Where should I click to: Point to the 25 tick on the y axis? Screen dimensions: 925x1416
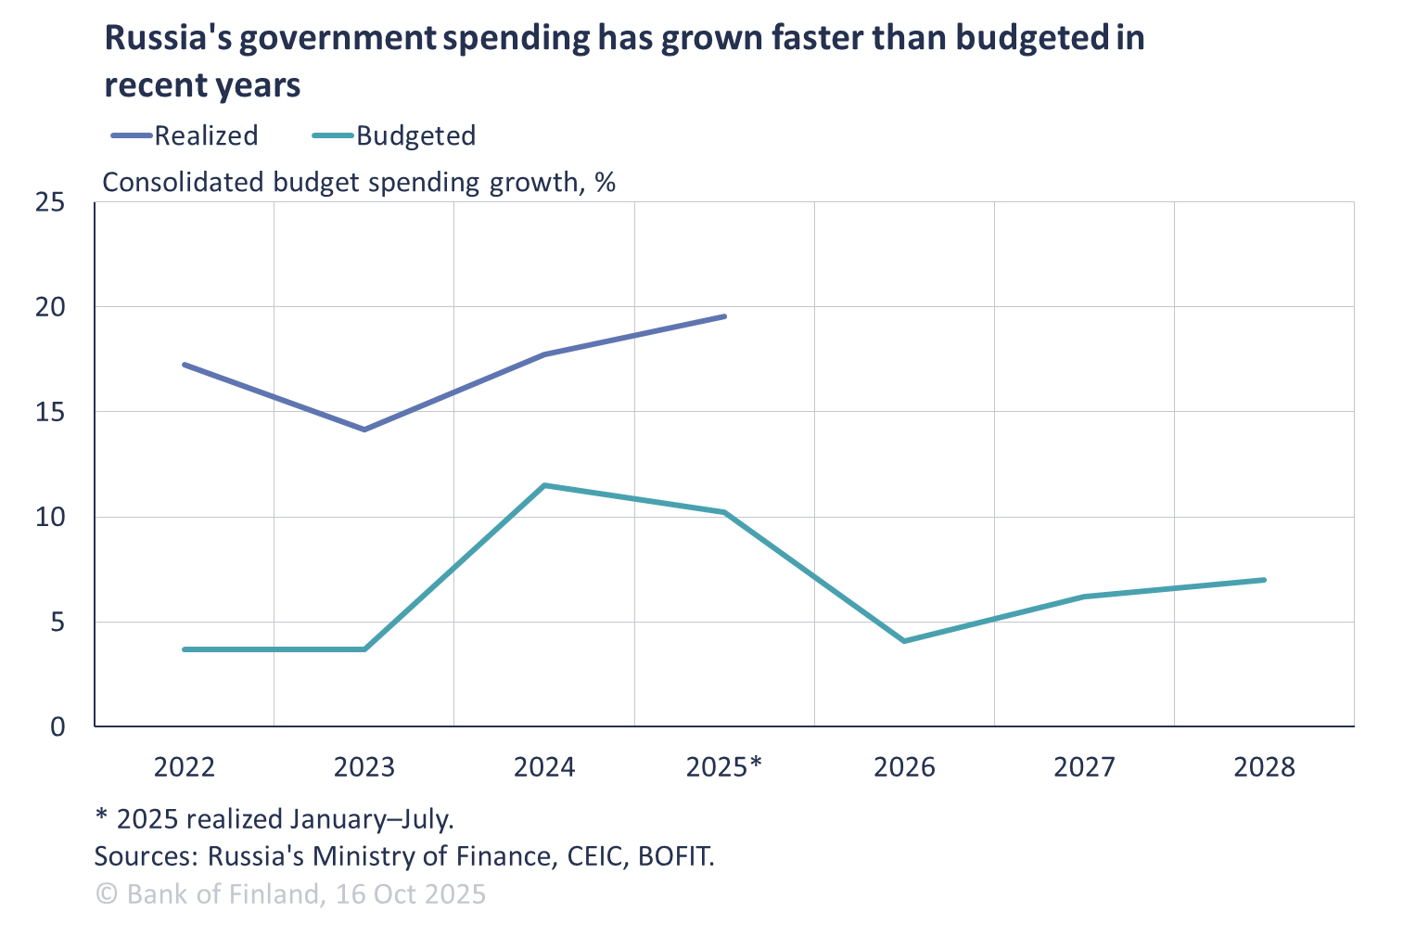pos(50,201)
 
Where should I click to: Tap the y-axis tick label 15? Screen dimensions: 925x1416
pos(50,412)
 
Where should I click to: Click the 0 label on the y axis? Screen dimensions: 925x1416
pos(57,726)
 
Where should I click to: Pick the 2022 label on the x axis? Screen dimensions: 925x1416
pos(184,767)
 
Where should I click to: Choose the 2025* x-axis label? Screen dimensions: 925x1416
pos(723,767)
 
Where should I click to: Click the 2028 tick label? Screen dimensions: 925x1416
pos(1264,767)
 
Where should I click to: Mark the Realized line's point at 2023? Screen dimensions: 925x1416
pos(364,430)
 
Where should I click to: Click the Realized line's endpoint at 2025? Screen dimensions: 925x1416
pos(725,316)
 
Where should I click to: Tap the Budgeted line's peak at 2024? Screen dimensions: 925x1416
pos(544,485)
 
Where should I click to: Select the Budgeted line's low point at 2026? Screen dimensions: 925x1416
pos(904,641)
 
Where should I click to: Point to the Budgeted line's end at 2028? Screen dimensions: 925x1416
pos(1264,580)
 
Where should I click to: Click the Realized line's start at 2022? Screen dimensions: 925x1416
pos(184,365)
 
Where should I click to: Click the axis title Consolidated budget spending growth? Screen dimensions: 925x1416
pos(358,182)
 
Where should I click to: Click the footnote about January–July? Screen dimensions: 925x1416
pos(274,819)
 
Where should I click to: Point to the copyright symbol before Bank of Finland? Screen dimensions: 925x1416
pos(107,893)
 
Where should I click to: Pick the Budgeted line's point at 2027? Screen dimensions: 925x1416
pos(1084,597)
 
